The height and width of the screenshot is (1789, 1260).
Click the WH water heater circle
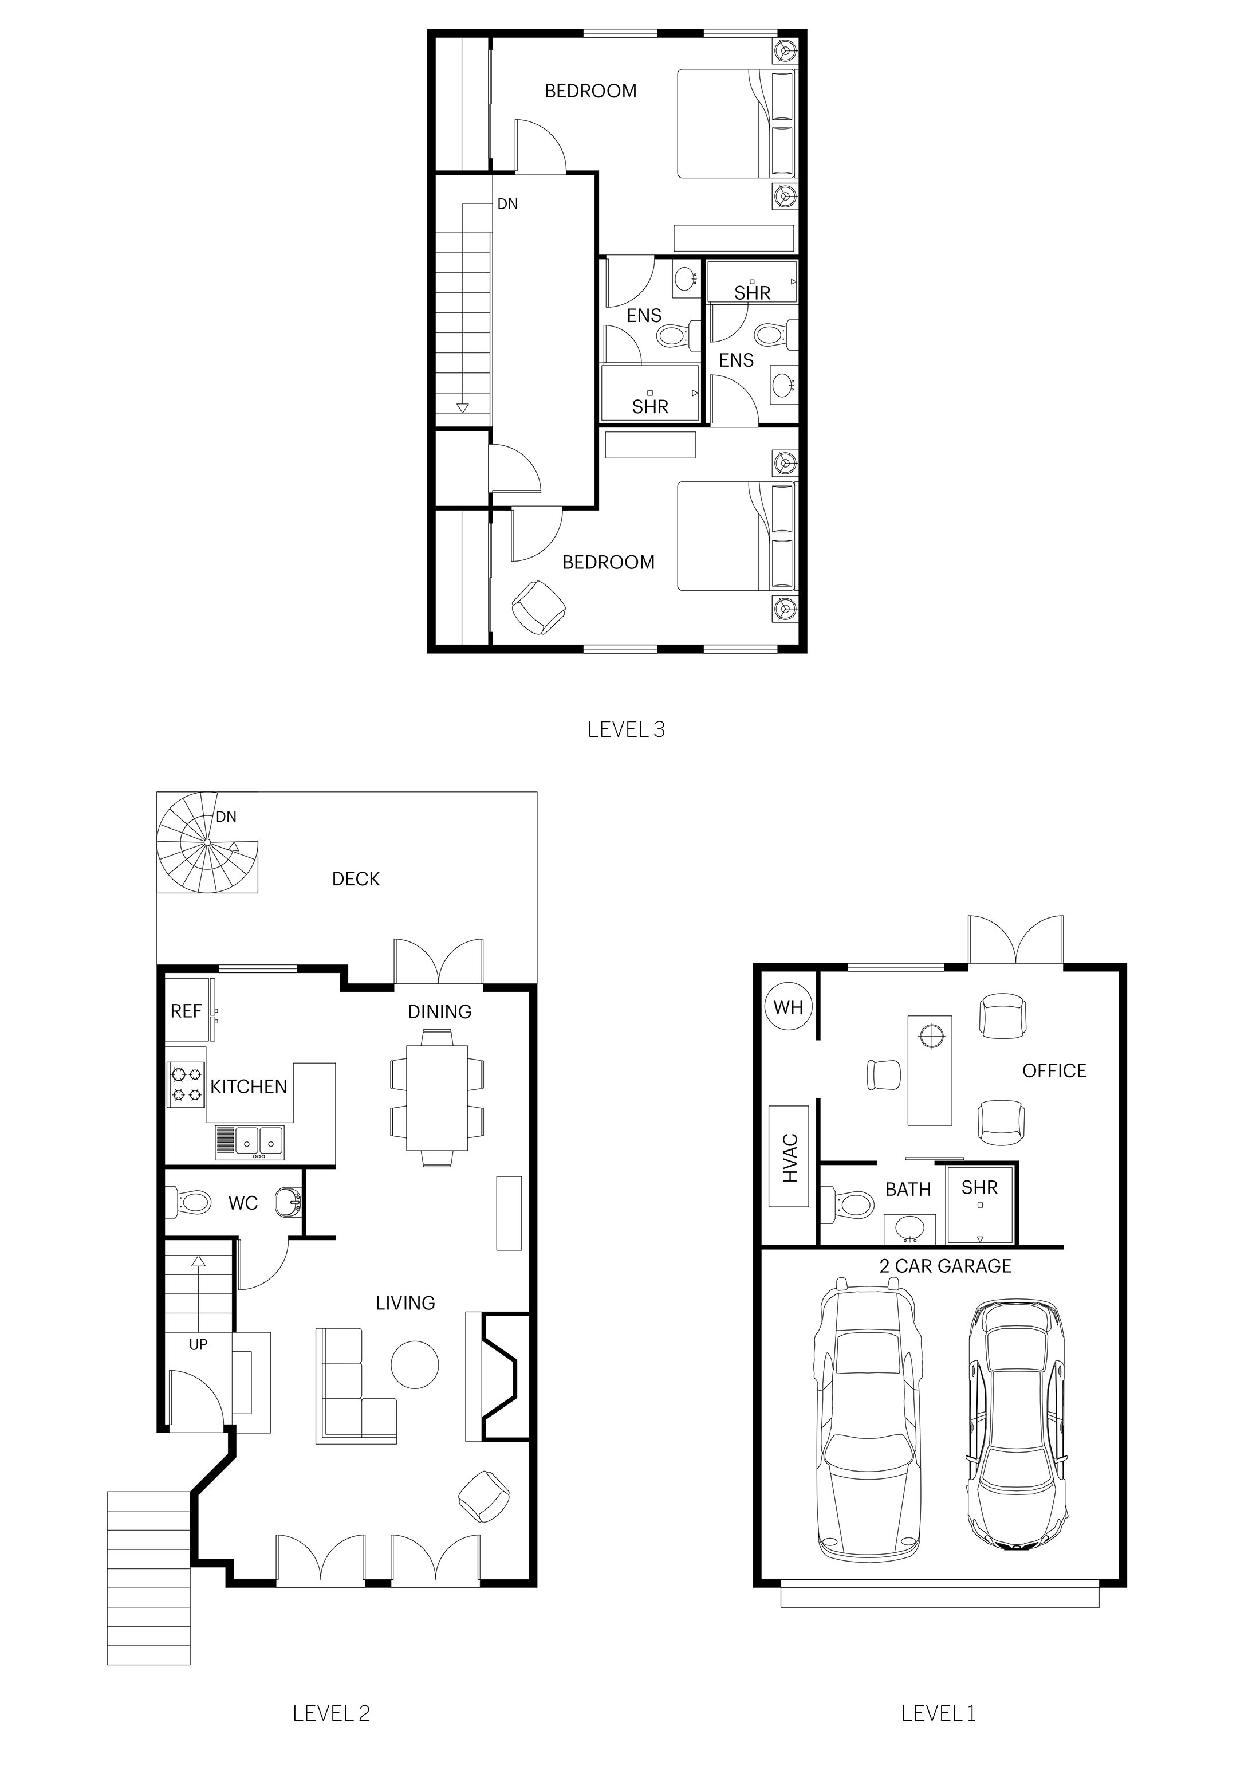tap(788, 1007)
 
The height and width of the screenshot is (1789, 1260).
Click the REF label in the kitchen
tap(186, 1011)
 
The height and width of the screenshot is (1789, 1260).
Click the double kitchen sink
tap(250, 1142)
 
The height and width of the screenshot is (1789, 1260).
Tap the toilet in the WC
tap(189, 1202)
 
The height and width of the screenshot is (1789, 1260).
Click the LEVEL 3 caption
tap(626, 729)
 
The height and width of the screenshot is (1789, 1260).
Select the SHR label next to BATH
tap(979, 1187)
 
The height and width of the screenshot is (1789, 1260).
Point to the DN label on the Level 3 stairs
tap(507, 204)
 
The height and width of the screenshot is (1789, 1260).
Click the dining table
tap(437, 1098)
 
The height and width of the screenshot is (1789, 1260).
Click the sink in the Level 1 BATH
tap(909, 1229)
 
